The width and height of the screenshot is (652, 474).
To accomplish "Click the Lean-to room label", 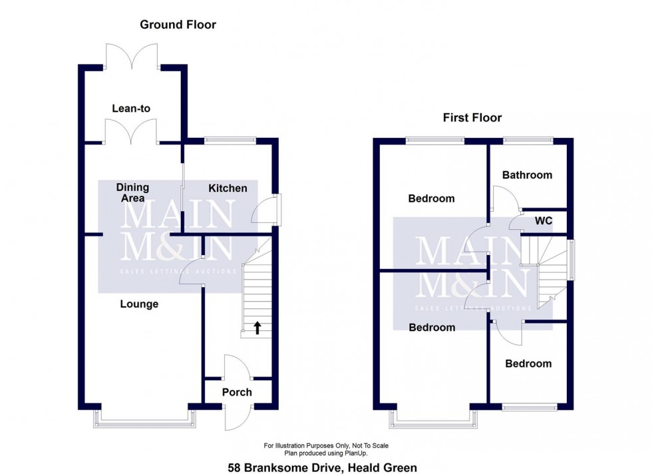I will click(x=130, y=108).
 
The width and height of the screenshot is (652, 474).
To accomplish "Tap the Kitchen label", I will click(x=228, y=188).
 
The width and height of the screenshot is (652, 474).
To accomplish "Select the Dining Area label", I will click(x=132, y=192).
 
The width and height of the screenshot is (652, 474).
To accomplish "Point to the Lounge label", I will click(x=139, y=304).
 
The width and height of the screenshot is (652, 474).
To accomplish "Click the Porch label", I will click(x=237, y=392).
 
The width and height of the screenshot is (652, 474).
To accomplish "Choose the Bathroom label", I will click(x=527, y=175).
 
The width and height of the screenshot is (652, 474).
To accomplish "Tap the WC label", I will click(x=544, y=220).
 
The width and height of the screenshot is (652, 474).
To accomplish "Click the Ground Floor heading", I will click(x=178, y=25).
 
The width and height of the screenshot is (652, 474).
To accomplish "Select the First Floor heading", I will click(x=472, y=118).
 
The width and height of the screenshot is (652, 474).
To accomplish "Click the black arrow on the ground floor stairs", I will click(x=257, y=327).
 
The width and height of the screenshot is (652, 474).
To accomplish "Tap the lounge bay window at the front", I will click(x=147, y=418).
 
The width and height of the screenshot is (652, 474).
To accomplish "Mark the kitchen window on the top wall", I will click(x=230, y=140).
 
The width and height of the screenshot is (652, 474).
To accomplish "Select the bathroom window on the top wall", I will click(x=528, y=140).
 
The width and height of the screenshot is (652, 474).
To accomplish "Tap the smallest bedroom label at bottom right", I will click(x=528, y=363).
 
